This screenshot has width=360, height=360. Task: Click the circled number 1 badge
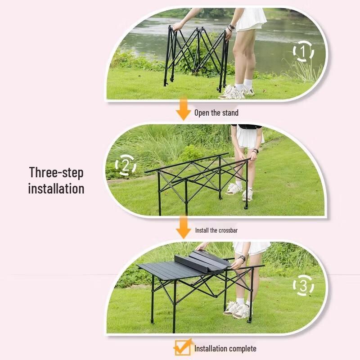point(303,52)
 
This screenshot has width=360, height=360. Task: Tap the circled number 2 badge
point(125,165)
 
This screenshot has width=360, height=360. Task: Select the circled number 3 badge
point(303,285)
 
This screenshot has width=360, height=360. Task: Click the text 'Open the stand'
point(216,112)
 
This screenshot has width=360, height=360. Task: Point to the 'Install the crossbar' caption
point(216,230)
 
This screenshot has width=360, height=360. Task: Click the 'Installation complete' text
point(225,349)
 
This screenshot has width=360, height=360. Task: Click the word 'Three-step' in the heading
point(56,173)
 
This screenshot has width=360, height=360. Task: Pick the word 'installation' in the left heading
point(56,189)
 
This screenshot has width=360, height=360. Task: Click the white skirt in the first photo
point(251,20)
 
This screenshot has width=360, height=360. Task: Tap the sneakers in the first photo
point(236,91)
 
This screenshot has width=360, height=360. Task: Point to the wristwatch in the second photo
point(256,151)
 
